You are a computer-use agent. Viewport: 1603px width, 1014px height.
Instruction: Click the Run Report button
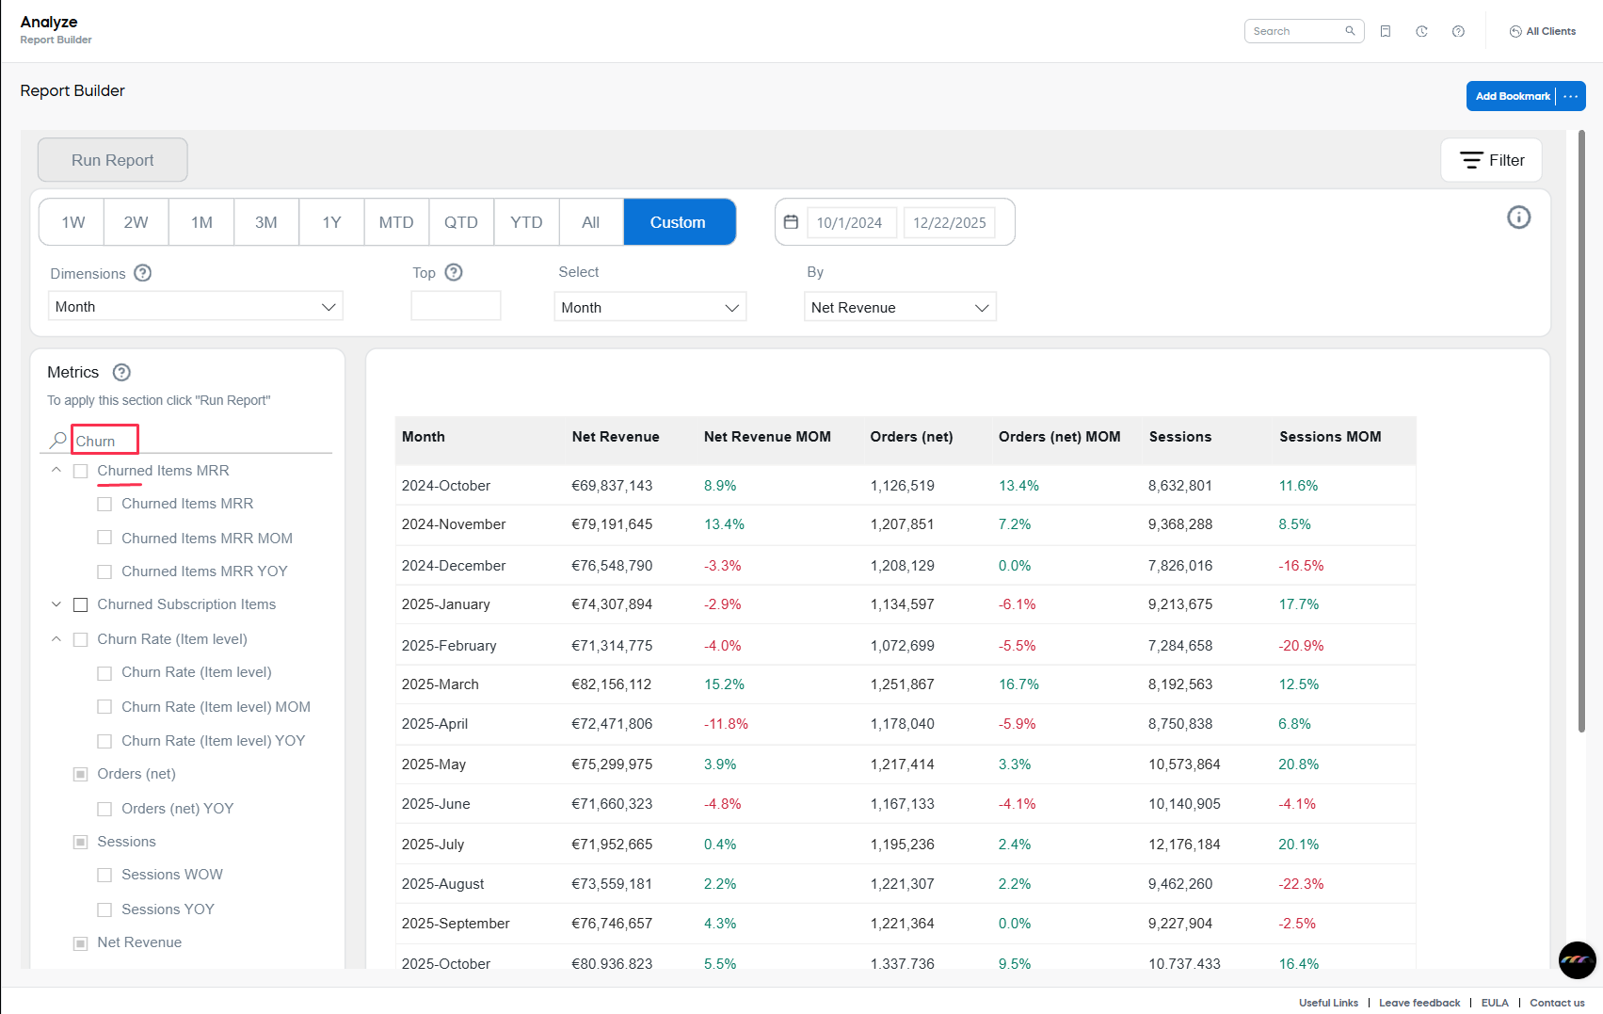112,160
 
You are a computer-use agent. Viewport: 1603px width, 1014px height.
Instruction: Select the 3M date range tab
266,222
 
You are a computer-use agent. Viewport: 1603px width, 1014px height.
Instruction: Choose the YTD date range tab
526,222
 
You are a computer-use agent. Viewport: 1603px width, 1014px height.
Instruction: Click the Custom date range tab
678,222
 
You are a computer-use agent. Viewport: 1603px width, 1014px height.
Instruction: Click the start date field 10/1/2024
849,223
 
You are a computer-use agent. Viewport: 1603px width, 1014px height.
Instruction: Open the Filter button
1491,160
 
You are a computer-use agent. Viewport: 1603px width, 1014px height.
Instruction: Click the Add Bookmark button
1512,96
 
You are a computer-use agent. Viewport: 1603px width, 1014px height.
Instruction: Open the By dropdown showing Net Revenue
900,308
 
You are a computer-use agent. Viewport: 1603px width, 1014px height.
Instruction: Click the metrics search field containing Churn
104,441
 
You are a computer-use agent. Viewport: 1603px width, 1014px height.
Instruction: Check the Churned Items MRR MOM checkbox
104,539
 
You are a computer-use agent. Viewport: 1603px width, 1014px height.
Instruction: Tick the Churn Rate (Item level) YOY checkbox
104,742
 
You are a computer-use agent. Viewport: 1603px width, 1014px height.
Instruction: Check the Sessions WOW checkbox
104,876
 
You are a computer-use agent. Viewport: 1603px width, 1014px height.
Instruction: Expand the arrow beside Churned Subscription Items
56,604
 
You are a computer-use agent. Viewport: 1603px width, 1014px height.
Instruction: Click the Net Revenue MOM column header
767,437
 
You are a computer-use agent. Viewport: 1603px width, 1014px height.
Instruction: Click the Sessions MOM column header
1329,437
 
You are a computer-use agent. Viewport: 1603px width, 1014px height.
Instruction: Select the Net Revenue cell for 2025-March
612,684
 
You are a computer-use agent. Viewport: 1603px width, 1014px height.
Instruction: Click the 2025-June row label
436,804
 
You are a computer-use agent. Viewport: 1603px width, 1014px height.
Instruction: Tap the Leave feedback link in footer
1419,1003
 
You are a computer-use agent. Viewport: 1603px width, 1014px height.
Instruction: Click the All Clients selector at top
1543,31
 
